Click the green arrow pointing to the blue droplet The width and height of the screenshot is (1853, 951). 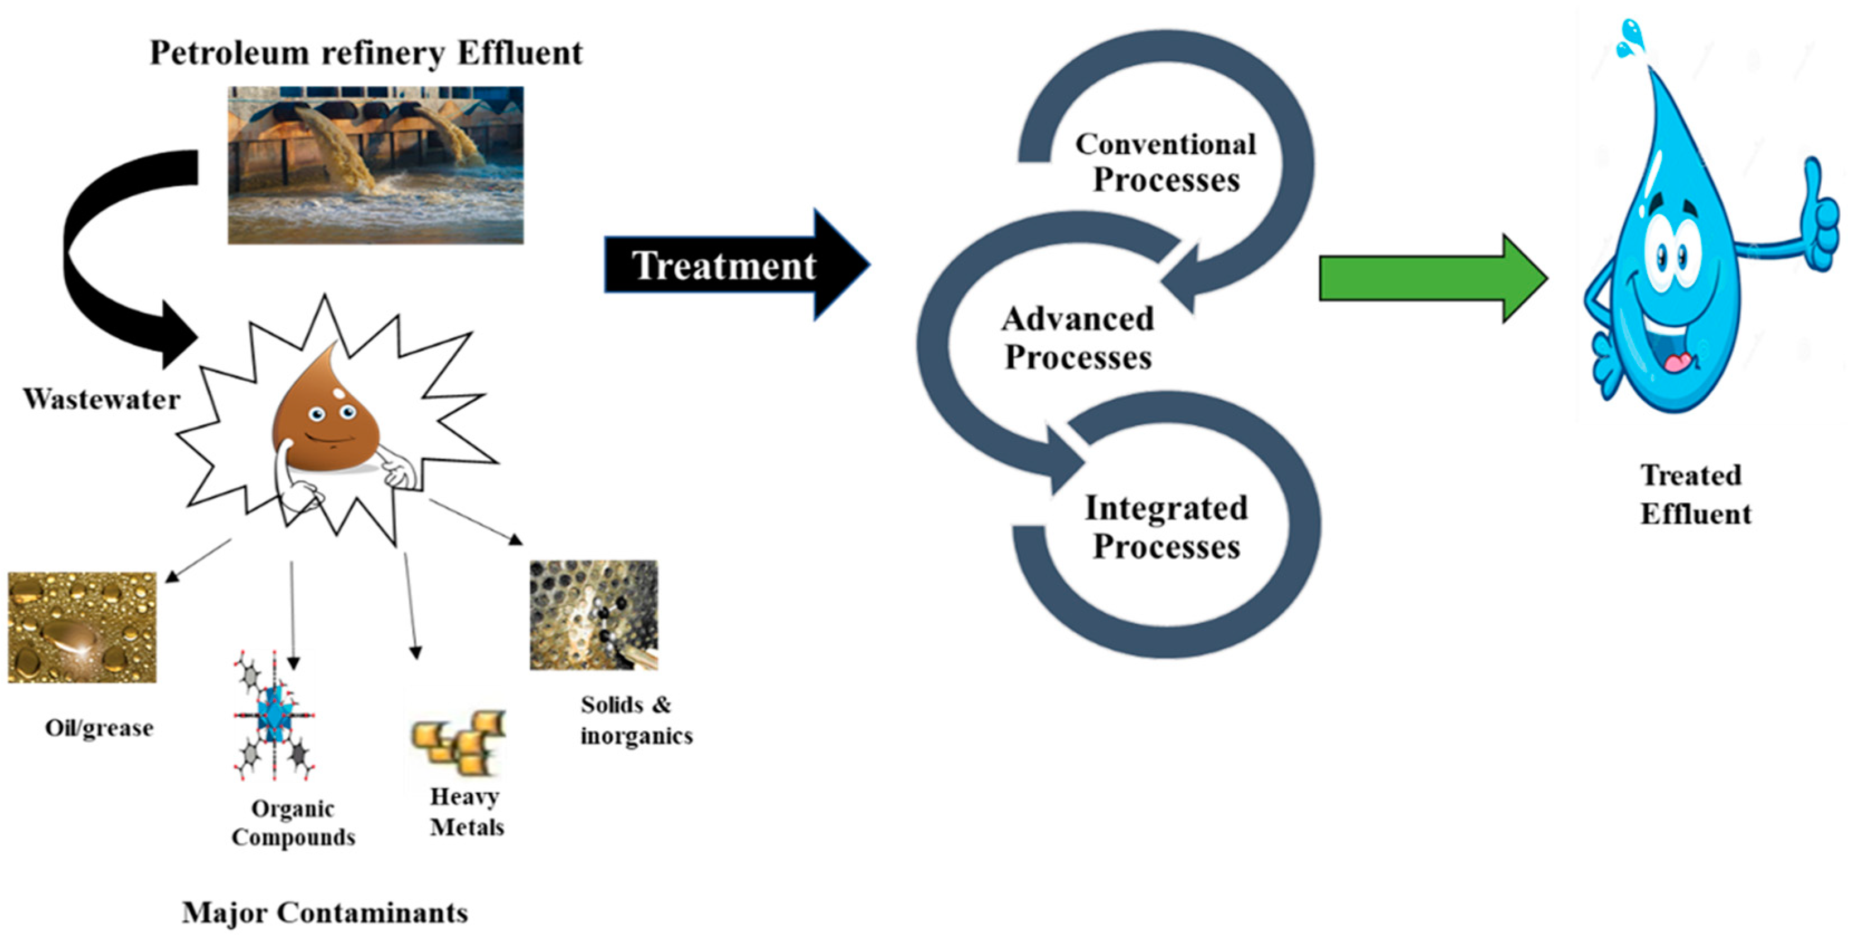[x=1431, y=278]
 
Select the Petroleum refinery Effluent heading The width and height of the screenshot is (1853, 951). [x=365, y=53]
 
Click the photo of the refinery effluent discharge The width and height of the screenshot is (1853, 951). [x=375, y=166]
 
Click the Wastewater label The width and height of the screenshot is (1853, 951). [x=101, y=399]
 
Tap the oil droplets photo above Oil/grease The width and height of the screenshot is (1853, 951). [x=82, y=627]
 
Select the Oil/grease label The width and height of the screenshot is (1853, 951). [x=99, y=728]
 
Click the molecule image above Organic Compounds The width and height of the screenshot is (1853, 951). [x=274, y=716]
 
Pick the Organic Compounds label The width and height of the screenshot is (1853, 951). [x=293, y=823]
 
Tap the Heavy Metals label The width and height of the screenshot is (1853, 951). [x=466, y=812]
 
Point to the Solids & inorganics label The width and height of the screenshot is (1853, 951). [x=636, y=720]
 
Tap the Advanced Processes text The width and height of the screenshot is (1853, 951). [x=1077, y=338]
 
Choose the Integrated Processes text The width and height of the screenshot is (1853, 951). [x=1166, y=527]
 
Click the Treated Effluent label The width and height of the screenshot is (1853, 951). [x=1695, y=494]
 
